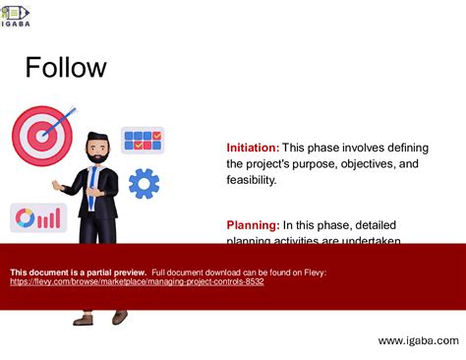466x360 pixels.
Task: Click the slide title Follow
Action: tap(65, 68)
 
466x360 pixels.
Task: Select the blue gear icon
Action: tap(144, 182)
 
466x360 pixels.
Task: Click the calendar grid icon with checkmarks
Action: tap(143, 140)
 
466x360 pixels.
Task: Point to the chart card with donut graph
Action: tap(38, 217)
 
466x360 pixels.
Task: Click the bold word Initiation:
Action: tap(253, 147)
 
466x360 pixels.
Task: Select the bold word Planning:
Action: tap(253, 225)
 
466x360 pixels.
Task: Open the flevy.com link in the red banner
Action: tap(137, 282)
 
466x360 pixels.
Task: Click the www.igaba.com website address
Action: tap(418, 340)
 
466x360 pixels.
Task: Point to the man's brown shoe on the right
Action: tap(120, 317)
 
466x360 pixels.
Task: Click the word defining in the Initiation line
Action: tap(405, 147)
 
